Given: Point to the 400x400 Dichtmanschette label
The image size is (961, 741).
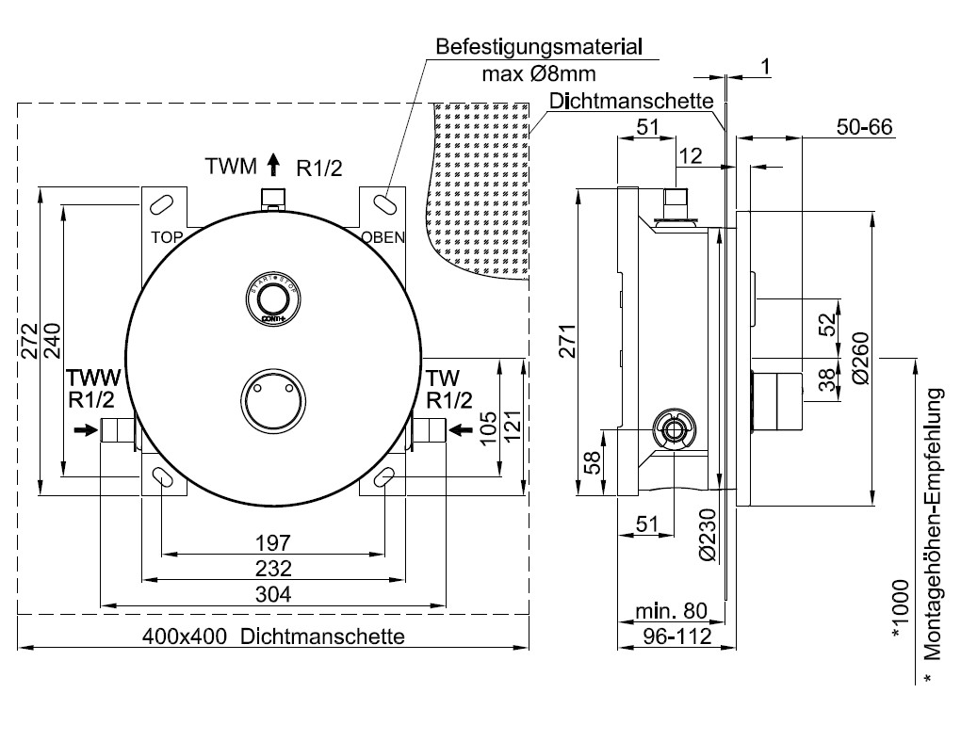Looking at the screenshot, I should click(273, 636).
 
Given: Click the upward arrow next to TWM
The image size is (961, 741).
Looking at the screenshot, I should click(273, 167).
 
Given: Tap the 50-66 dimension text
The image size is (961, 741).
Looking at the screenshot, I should click(864, 127).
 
